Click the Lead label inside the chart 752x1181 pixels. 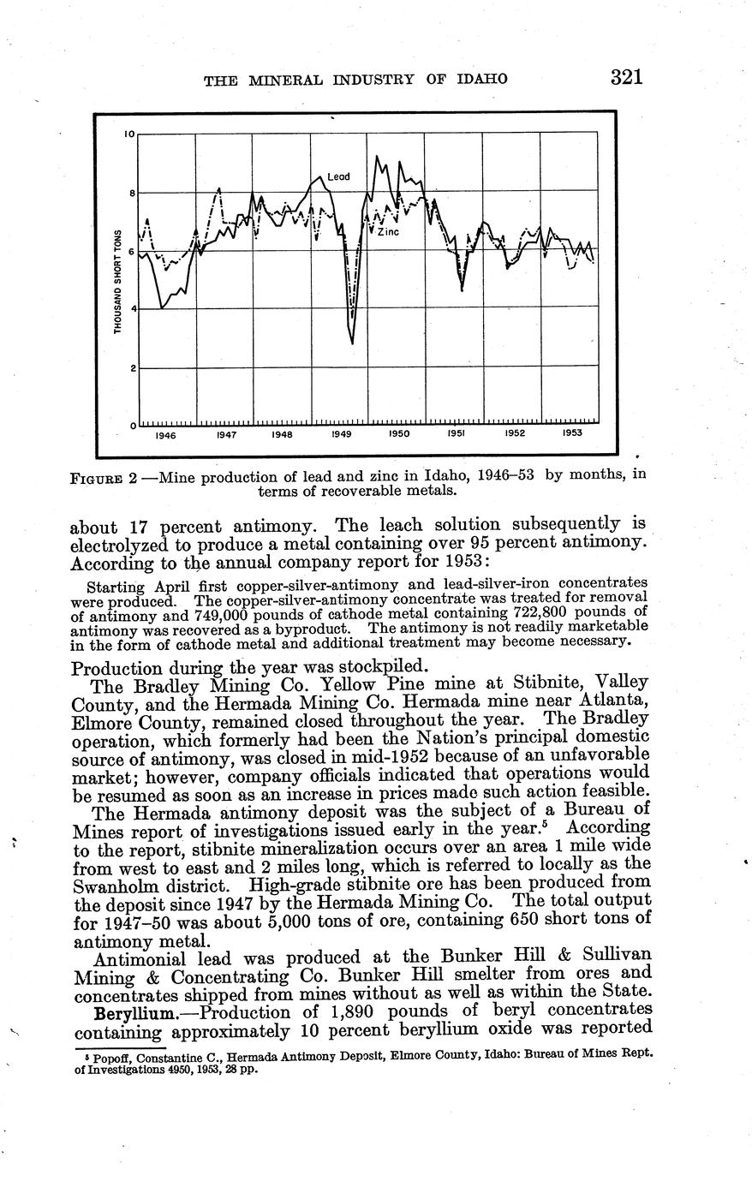coord(338,176)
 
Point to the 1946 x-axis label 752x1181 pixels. coord(166,435)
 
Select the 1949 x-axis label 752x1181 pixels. coord(341,435)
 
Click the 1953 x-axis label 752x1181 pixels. coord(572,433)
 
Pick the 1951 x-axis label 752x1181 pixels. coord(457,434)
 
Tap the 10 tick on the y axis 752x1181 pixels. coord(129,134)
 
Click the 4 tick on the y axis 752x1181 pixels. coord(131,309)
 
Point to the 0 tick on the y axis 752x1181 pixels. coord(132,426)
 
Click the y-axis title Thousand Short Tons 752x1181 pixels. coord(118,282)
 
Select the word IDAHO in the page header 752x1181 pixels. coord(481,80)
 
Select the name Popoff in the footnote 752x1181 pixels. coord(110,1057)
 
